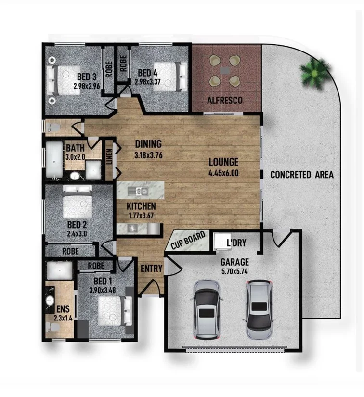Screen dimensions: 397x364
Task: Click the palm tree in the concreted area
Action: pyautogui.click(x=315, y=73)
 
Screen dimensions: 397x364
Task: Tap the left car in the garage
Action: pyautogui.click(x=207, y=309)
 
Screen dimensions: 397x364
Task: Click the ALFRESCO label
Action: pyautogui.click(x=225, y=101)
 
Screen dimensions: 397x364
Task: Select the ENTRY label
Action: pyautogui.click(x=151, y=269)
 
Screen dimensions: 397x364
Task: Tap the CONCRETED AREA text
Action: pyautogui.click(x=301, y=175)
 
